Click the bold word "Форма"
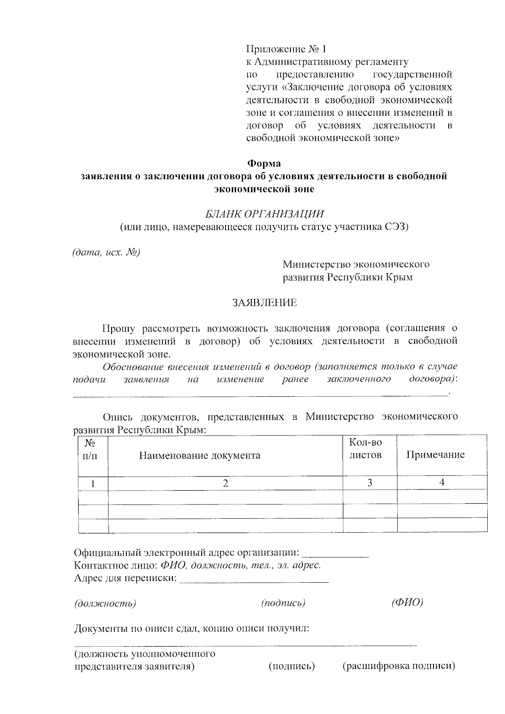(263, 163)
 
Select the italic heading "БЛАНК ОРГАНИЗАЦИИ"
(265, 214)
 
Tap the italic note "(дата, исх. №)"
(106, 252)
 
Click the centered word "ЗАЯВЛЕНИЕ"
(265, 303)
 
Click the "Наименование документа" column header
(199, 455)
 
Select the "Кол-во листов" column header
(365, 449)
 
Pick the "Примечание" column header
(435, 454)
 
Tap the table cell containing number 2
(226, 483)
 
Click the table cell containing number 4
(442, 483)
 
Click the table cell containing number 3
(369, 483)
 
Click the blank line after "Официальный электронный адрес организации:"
(335, 554)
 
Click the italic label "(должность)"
(105, 603)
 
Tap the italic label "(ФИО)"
(407, 603)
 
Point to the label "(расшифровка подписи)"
(399, 666)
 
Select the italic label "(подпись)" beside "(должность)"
(283, 603)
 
